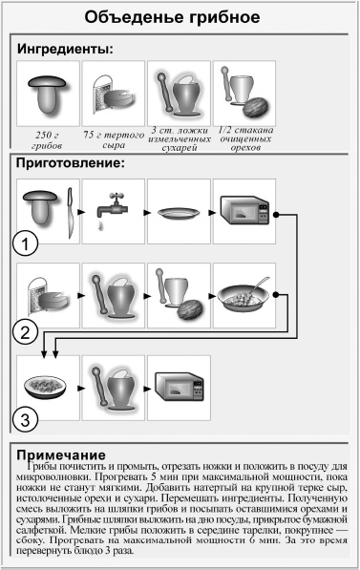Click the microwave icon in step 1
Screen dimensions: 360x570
244,212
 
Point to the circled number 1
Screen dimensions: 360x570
26,246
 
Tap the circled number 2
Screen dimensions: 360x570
26,331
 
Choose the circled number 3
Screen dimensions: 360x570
26,417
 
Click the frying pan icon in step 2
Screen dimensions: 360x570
244,297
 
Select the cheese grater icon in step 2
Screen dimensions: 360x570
46,296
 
